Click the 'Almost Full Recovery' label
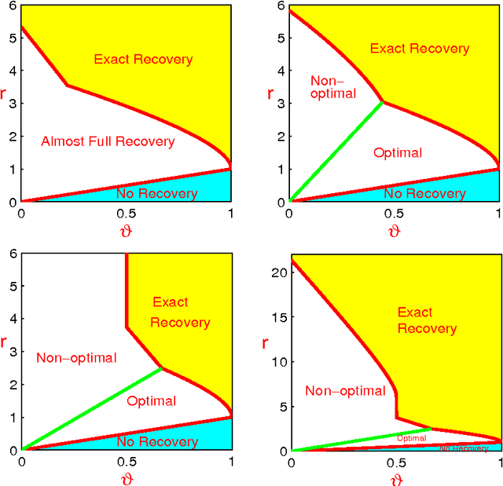pyautogui.click(x=108, y=141)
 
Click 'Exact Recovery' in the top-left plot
pyautogui.click(x=143, y=59)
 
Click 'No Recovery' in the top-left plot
pyautogui.click(x=156, y=192)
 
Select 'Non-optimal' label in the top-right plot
pyautogui.click(x=333, y=86)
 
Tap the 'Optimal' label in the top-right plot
pyautogui.click(x=398, y=153)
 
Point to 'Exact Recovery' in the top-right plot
pyautogui.click(x=420, y=49)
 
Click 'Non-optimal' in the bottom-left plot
pyautogui.click(x=76, y=358)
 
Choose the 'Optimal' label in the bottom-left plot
pyautogui.click(x=151, y=401)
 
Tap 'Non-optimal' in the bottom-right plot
pyautogui.click(x=345, y=391)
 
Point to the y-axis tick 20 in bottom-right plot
pyautogui.click(x=277, y=272)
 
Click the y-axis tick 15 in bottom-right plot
pyautogui.click(x=277, y=317)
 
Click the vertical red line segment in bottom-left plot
pyautogui.click(x=127, y=291)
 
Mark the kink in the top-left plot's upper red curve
pyautogui.click(x=67, y=85)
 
